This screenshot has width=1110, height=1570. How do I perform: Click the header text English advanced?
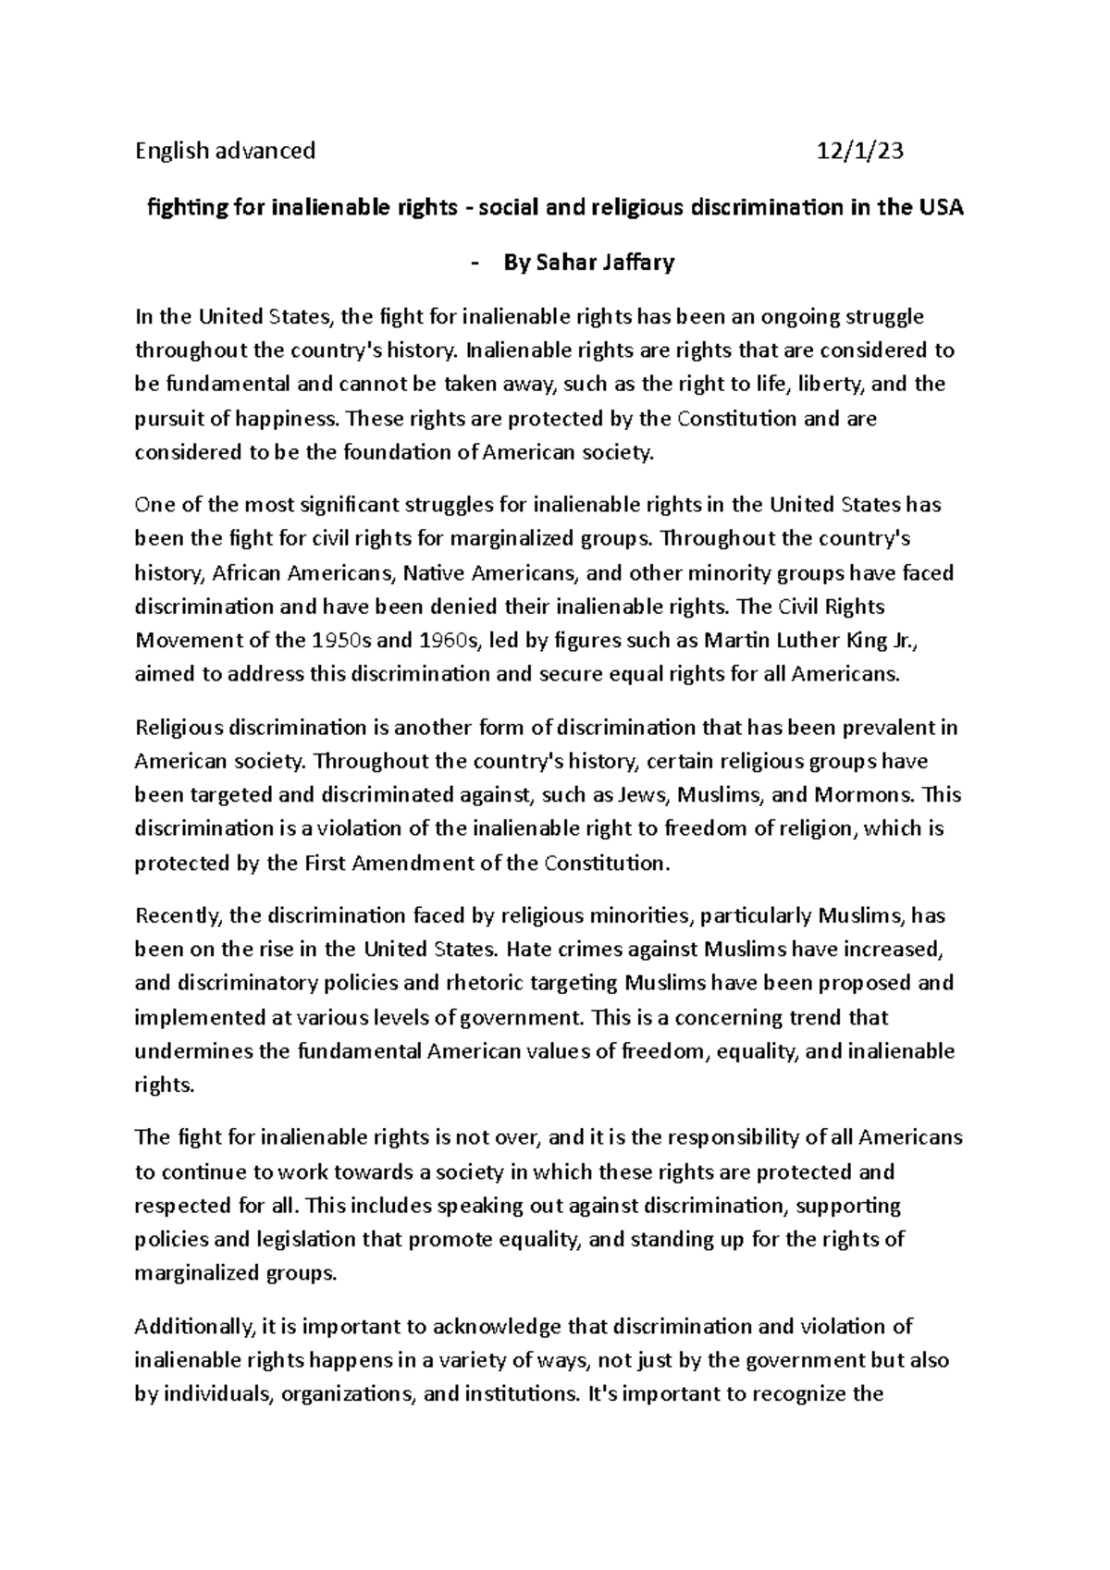[225, 151]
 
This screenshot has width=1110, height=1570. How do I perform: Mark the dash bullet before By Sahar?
[475, 263]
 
